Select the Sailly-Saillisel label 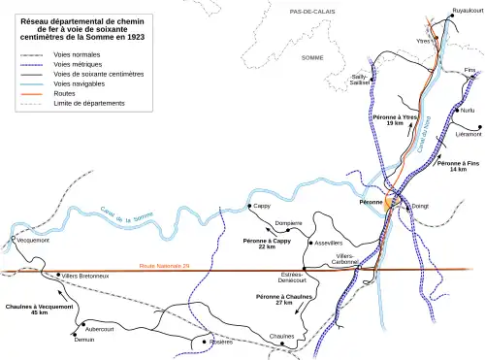pos(358,80)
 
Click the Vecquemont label pos(31,240)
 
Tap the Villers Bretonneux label pos(85,277)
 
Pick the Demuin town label pos(84,339)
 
